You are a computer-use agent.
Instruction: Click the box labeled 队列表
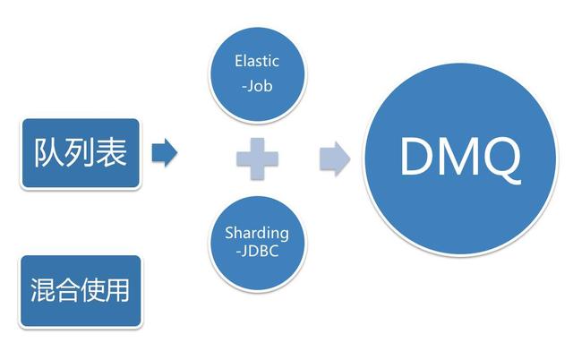click(x=81, y=153)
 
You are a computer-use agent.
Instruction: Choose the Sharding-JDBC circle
click(x=258, y=243)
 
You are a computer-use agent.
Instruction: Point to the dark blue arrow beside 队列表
click(x=165, y=153)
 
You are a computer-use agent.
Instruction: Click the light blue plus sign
click(x=258, y=159)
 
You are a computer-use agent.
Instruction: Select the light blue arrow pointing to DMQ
click(x=334, y=159)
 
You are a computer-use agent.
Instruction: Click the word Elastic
click(x=258, y=62)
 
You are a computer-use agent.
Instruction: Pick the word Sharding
click(x=258, y=233)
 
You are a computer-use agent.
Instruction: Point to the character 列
click(x=81, y=153)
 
